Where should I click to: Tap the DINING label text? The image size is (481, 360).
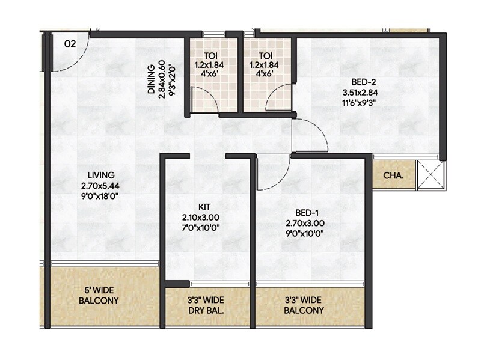tap(152, 79)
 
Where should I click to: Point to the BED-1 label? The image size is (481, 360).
tap(307, 213)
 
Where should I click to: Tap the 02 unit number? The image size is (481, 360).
tap(70, 44)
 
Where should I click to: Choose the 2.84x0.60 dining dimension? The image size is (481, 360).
tap(161, 79)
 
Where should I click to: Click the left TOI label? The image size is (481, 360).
tap(206, 53)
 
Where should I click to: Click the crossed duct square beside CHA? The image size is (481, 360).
tap(430, 176)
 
